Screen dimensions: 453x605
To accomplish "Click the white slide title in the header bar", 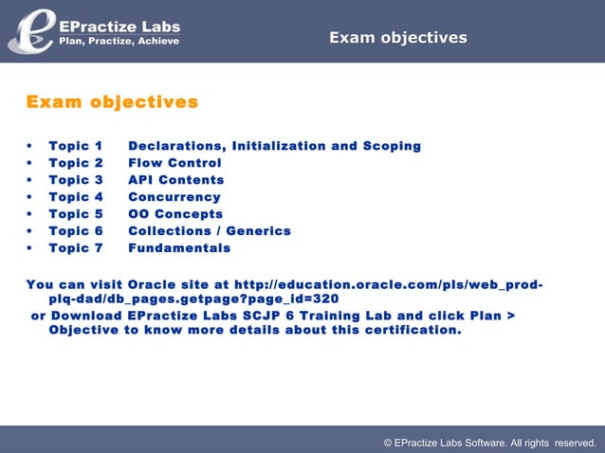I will pos(397,38).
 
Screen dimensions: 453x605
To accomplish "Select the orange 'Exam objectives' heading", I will pos(112,101).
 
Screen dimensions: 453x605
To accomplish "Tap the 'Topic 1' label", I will pos(75,146).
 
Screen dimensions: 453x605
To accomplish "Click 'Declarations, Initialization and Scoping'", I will pos(274,146).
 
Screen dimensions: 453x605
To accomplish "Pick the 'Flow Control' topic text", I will pos(174,163).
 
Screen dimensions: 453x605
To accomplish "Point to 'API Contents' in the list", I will pos(175,180).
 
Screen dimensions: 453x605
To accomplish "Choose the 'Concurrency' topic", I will pos(174,197).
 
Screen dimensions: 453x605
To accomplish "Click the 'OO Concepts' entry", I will pos(175,214).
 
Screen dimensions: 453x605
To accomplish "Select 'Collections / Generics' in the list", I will pos(209,231).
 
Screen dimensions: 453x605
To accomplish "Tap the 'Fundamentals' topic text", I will pos(178,248).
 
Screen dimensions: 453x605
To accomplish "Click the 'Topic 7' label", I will pos(75,248).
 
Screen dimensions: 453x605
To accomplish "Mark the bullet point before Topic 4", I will pos(30,197).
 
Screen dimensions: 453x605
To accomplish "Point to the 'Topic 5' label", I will pos(75,214).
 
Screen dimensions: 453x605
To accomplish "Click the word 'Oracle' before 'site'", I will pos(153,283).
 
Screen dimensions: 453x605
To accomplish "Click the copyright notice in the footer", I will pos(489,443).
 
